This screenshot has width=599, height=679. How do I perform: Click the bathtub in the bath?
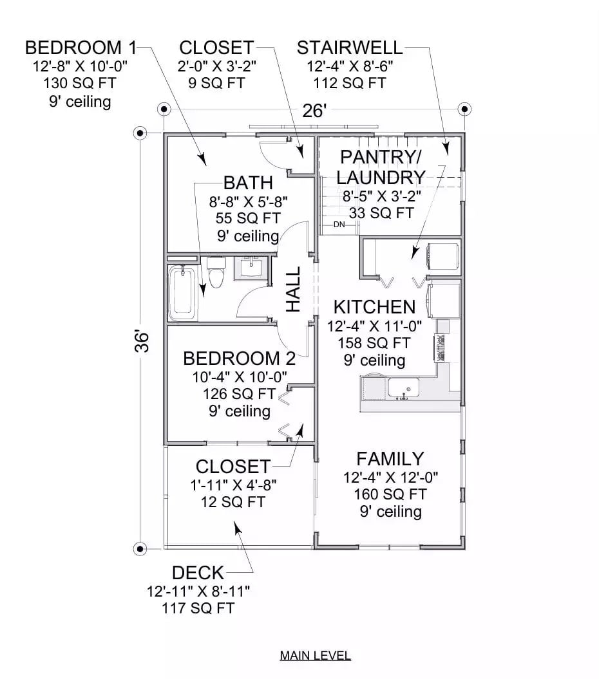pyautogui.click(x=184, y=293)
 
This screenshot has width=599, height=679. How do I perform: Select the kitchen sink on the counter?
pyautogui.click(x=404, y=387)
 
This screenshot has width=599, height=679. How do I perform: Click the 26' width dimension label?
pyautogui.click(x=314, y=111)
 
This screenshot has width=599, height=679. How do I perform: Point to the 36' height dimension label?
pyautogui.click(x=142, y=341)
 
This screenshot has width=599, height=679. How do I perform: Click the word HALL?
pyautogui.click(x=293, y=290)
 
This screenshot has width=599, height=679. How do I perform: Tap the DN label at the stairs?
pyautogui.click(x=339, y=225)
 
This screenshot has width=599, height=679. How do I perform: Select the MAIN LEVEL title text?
pyautogui.click(x=315, y=656)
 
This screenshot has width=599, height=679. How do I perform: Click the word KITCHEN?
pyautogui.click(x=374, y=306)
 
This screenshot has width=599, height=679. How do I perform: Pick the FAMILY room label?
pyautogui.click(x=390, y=459)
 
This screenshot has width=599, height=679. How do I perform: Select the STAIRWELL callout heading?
pyautogui.click(x=350, y=48)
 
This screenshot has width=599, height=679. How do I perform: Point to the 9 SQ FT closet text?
pyautogui.click(x=216, y=83)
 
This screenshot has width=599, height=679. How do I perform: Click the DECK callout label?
pyautogui.click(x=198, y=572)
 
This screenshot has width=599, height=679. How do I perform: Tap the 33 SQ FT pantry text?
pyautogui.click(x=381, y=212)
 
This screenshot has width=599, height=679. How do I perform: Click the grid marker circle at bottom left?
pyautogui.click(x=140, y=548)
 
